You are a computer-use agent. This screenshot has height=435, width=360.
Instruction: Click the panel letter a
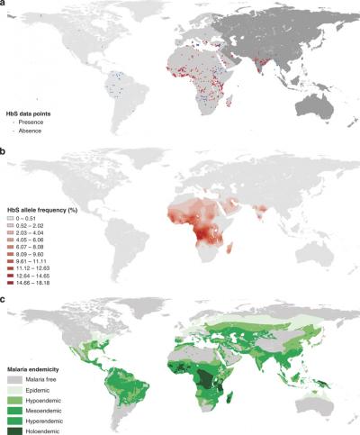[x=4, y=5]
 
